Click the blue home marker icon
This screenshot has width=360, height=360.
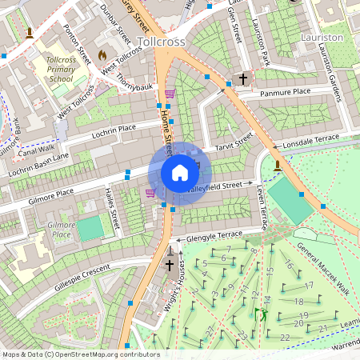pos(180,173)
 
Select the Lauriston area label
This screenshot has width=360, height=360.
pos(321,37)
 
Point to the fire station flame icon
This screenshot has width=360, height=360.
pos(102,54)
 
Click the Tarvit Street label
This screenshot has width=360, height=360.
pos(233,142)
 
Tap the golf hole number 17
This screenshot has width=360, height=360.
pos(308,286)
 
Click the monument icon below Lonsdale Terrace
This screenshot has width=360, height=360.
pos(277,166)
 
